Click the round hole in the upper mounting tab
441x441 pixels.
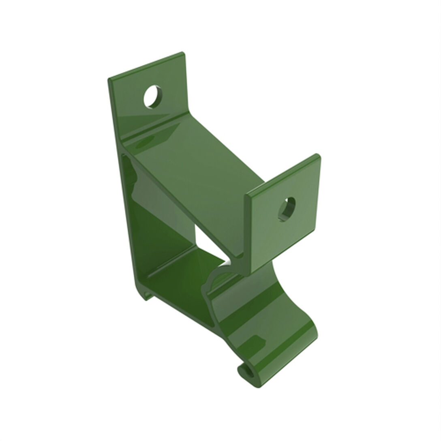click(x=153, y=96)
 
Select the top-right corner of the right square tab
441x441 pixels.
click(x=319, y=155)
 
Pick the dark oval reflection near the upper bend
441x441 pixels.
click(x=144, y=143)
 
